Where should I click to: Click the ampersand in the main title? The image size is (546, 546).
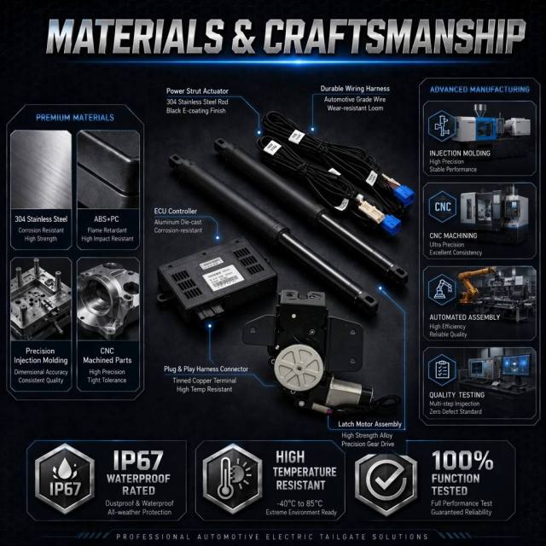tap(243, 36)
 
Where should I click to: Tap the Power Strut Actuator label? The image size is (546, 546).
tap(197, 91)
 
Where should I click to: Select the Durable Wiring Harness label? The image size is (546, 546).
tap(355, 89)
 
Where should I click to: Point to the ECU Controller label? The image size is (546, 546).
tap(176, 211)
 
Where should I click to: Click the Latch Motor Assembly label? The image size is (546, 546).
tap(369, 424)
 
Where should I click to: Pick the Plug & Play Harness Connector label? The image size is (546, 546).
tap(206, 369)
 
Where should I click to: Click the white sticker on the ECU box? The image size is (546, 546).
tap(223, 277)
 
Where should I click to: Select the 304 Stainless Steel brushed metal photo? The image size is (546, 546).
tap(41, 170)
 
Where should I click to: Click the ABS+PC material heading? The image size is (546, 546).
tap(106, 219)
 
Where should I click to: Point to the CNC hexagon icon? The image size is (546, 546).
tap(442, 206)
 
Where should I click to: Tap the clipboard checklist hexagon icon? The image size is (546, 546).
tap(442, 369)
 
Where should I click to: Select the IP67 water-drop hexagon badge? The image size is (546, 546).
tap(65, 479)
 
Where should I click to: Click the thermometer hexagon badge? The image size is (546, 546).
tap(233, 479)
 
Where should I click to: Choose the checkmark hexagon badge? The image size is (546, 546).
tap(386, 479)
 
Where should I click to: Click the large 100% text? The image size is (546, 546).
tap(462, 461)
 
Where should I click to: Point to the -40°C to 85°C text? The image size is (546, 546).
tap(299, 503)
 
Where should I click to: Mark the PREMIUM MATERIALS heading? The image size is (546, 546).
tap(75, 118)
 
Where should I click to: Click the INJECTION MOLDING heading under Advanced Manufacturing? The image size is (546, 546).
tap(460, 154)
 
